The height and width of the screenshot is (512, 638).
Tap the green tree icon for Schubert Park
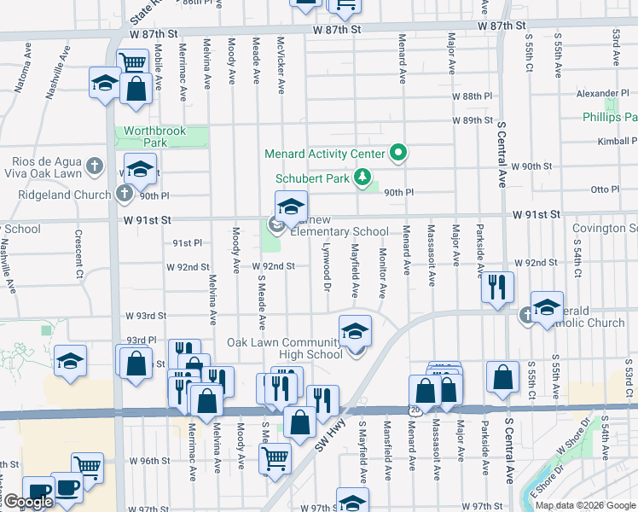(363, 178)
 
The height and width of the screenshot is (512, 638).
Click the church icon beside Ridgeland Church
(125, 194)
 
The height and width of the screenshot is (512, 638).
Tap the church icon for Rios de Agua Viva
(95, 166)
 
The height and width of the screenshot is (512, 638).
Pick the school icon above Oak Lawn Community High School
(356, 331)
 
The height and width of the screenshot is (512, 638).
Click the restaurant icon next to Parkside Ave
(497, 286)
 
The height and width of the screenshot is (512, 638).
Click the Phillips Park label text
(610, 117)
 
